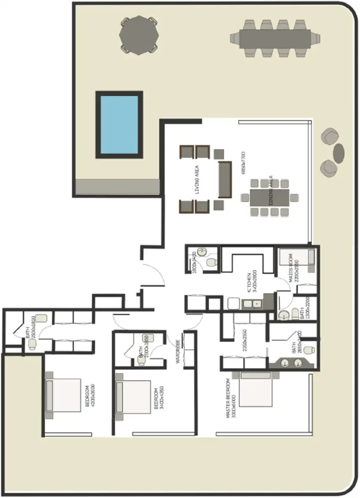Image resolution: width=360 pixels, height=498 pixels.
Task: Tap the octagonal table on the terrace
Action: pyautogui.click(x=139, y=35)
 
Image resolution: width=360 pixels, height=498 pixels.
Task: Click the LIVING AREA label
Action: pyautogui.click(x=197, y=179)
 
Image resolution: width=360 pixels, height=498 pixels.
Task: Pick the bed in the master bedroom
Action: pyautogui.click(x=256, y=389)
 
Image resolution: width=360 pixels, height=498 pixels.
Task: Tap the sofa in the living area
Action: pyautogui.click(x=225, y=178)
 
